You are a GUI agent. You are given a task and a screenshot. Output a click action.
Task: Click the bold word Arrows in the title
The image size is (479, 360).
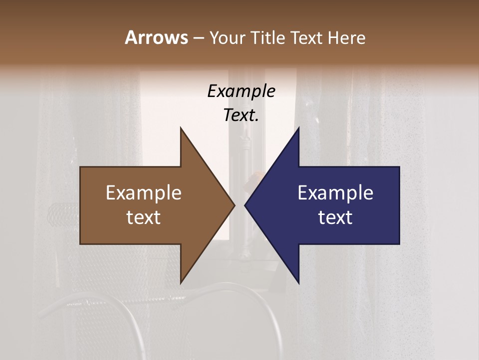point(156,37)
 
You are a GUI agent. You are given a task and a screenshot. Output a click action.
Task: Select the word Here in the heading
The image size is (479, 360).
point(346,37)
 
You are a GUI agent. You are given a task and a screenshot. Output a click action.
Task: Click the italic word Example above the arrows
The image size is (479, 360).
point(241,91)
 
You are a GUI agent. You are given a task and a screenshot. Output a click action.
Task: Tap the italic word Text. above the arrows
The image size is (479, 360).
point(241,115)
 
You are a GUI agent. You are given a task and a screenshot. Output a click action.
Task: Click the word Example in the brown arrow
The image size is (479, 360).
point(144,193)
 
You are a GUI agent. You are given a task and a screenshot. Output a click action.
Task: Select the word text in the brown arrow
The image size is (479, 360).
point(144,217)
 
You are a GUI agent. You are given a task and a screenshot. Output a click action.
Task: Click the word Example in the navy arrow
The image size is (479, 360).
point(335,193)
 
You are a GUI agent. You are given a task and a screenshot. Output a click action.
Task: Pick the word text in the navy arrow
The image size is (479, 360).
point(335,217)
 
